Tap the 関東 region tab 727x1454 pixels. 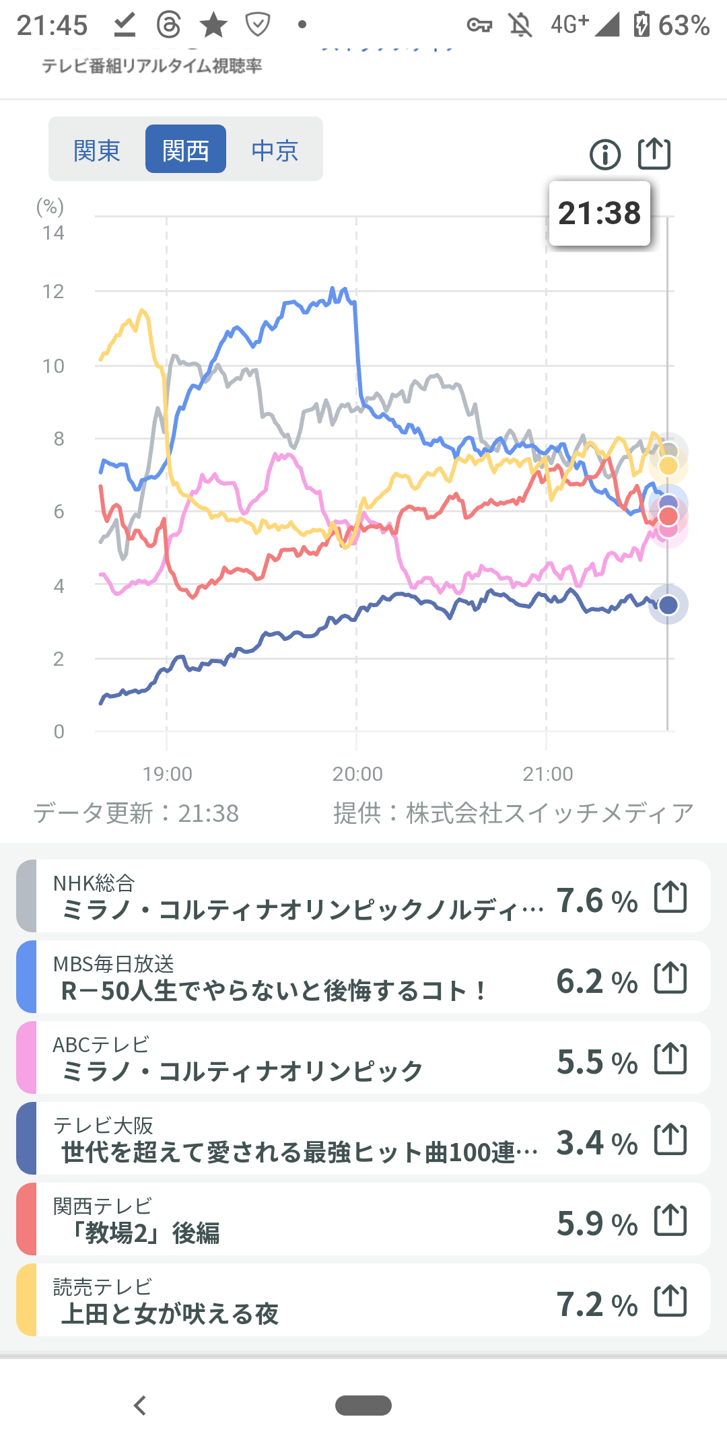click(97, 150)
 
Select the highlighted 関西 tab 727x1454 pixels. click(186, 150)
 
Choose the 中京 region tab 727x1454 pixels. click(275, 150)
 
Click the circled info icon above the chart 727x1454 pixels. click(605, 155)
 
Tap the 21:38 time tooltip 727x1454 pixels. click(599, 213)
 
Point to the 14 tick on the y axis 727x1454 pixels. click(53, 233)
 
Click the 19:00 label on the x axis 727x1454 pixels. click(167, 774)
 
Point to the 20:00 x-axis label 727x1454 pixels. click(357, 774)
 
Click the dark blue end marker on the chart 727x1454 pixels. click(668, 605)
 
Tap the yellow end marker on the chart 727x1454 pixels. click(668, 466)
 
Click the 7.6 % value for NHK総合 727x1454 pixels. click(596, 900)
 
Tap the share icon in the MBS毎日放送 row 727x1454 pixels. click(670, 977)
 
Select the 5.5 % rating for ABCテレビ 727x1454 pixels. click(596, 1062)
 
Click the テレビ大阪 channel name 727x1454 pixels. click(104, 1124)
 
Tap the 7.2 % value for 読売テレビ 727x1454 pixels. click(596, 1304)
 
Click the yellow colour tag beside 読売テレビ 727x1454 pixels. click(26, 1300)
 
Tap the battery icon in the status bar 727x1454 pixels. click(642, 25)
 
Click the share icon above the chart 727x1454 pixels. click(654, 154)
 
